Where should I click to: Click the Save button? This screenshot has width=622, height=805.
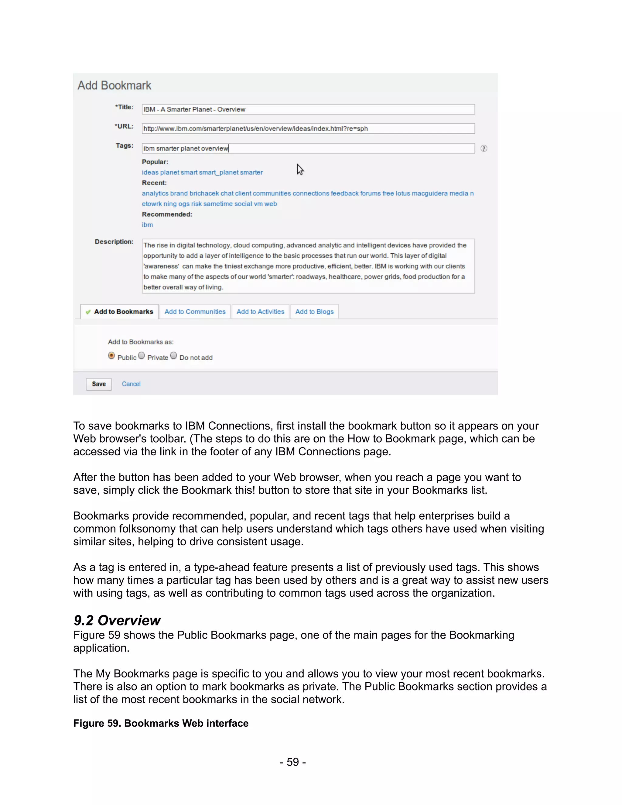pyautogui.click(x=99, y=384)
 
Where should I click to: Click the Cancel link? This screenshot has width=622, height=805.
pyautogui.click(x=131, y=384)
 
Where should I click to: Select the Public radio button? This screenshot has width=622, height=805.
pyautogui.click(x=111, y=356)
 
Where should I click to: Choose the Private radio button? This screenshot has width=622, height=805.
pyautogui.click(x=142, y=356)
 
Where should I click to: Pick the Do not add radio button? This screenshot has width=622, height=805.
pyautogui.click(x=173, y=356)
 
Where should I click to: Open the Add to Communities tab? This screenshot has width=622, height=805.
pyautogui.click(x=195, y=312)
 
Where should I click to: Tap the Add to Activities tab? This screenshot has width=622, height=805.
pyautogui.click(x=260, y=312)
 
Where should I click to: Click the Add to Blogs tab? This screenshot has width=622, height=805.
pyautogui.click(x=314, y=312)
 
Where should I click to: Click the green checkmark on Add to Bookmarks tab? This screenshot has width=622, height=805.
pyautogui.click(x=88, y=312)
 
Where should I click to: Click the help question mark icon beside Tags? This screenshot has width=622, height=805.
pyautogui.click(x=484, y=149)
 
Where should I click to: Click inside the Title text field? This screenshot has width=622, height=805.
pyautogui.click(x=308, y=109)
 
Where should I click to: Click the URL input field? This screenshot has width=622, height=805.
pyautogui.click(x=308, y=128)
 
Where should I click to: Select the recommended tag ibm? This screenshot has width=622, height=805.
pyautogui.click(x=147, y=225)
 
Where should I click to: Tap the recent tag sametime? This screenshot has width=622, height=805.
pyautogui.click(x=218, y=204)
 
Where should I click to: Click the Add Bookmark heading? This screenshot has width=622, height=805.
pyautogui.click(x=114, y=86)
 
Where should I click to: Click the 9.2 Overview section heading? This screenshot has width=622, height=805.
pyautogui.click(x=117, y=621)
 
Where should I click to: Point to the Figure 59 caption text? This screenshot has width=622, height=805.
pyautogui.click(x=161, y=724)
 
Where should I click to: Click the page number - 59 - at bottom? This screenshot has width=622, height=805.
pyautogui.click(x=292, y=762)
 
